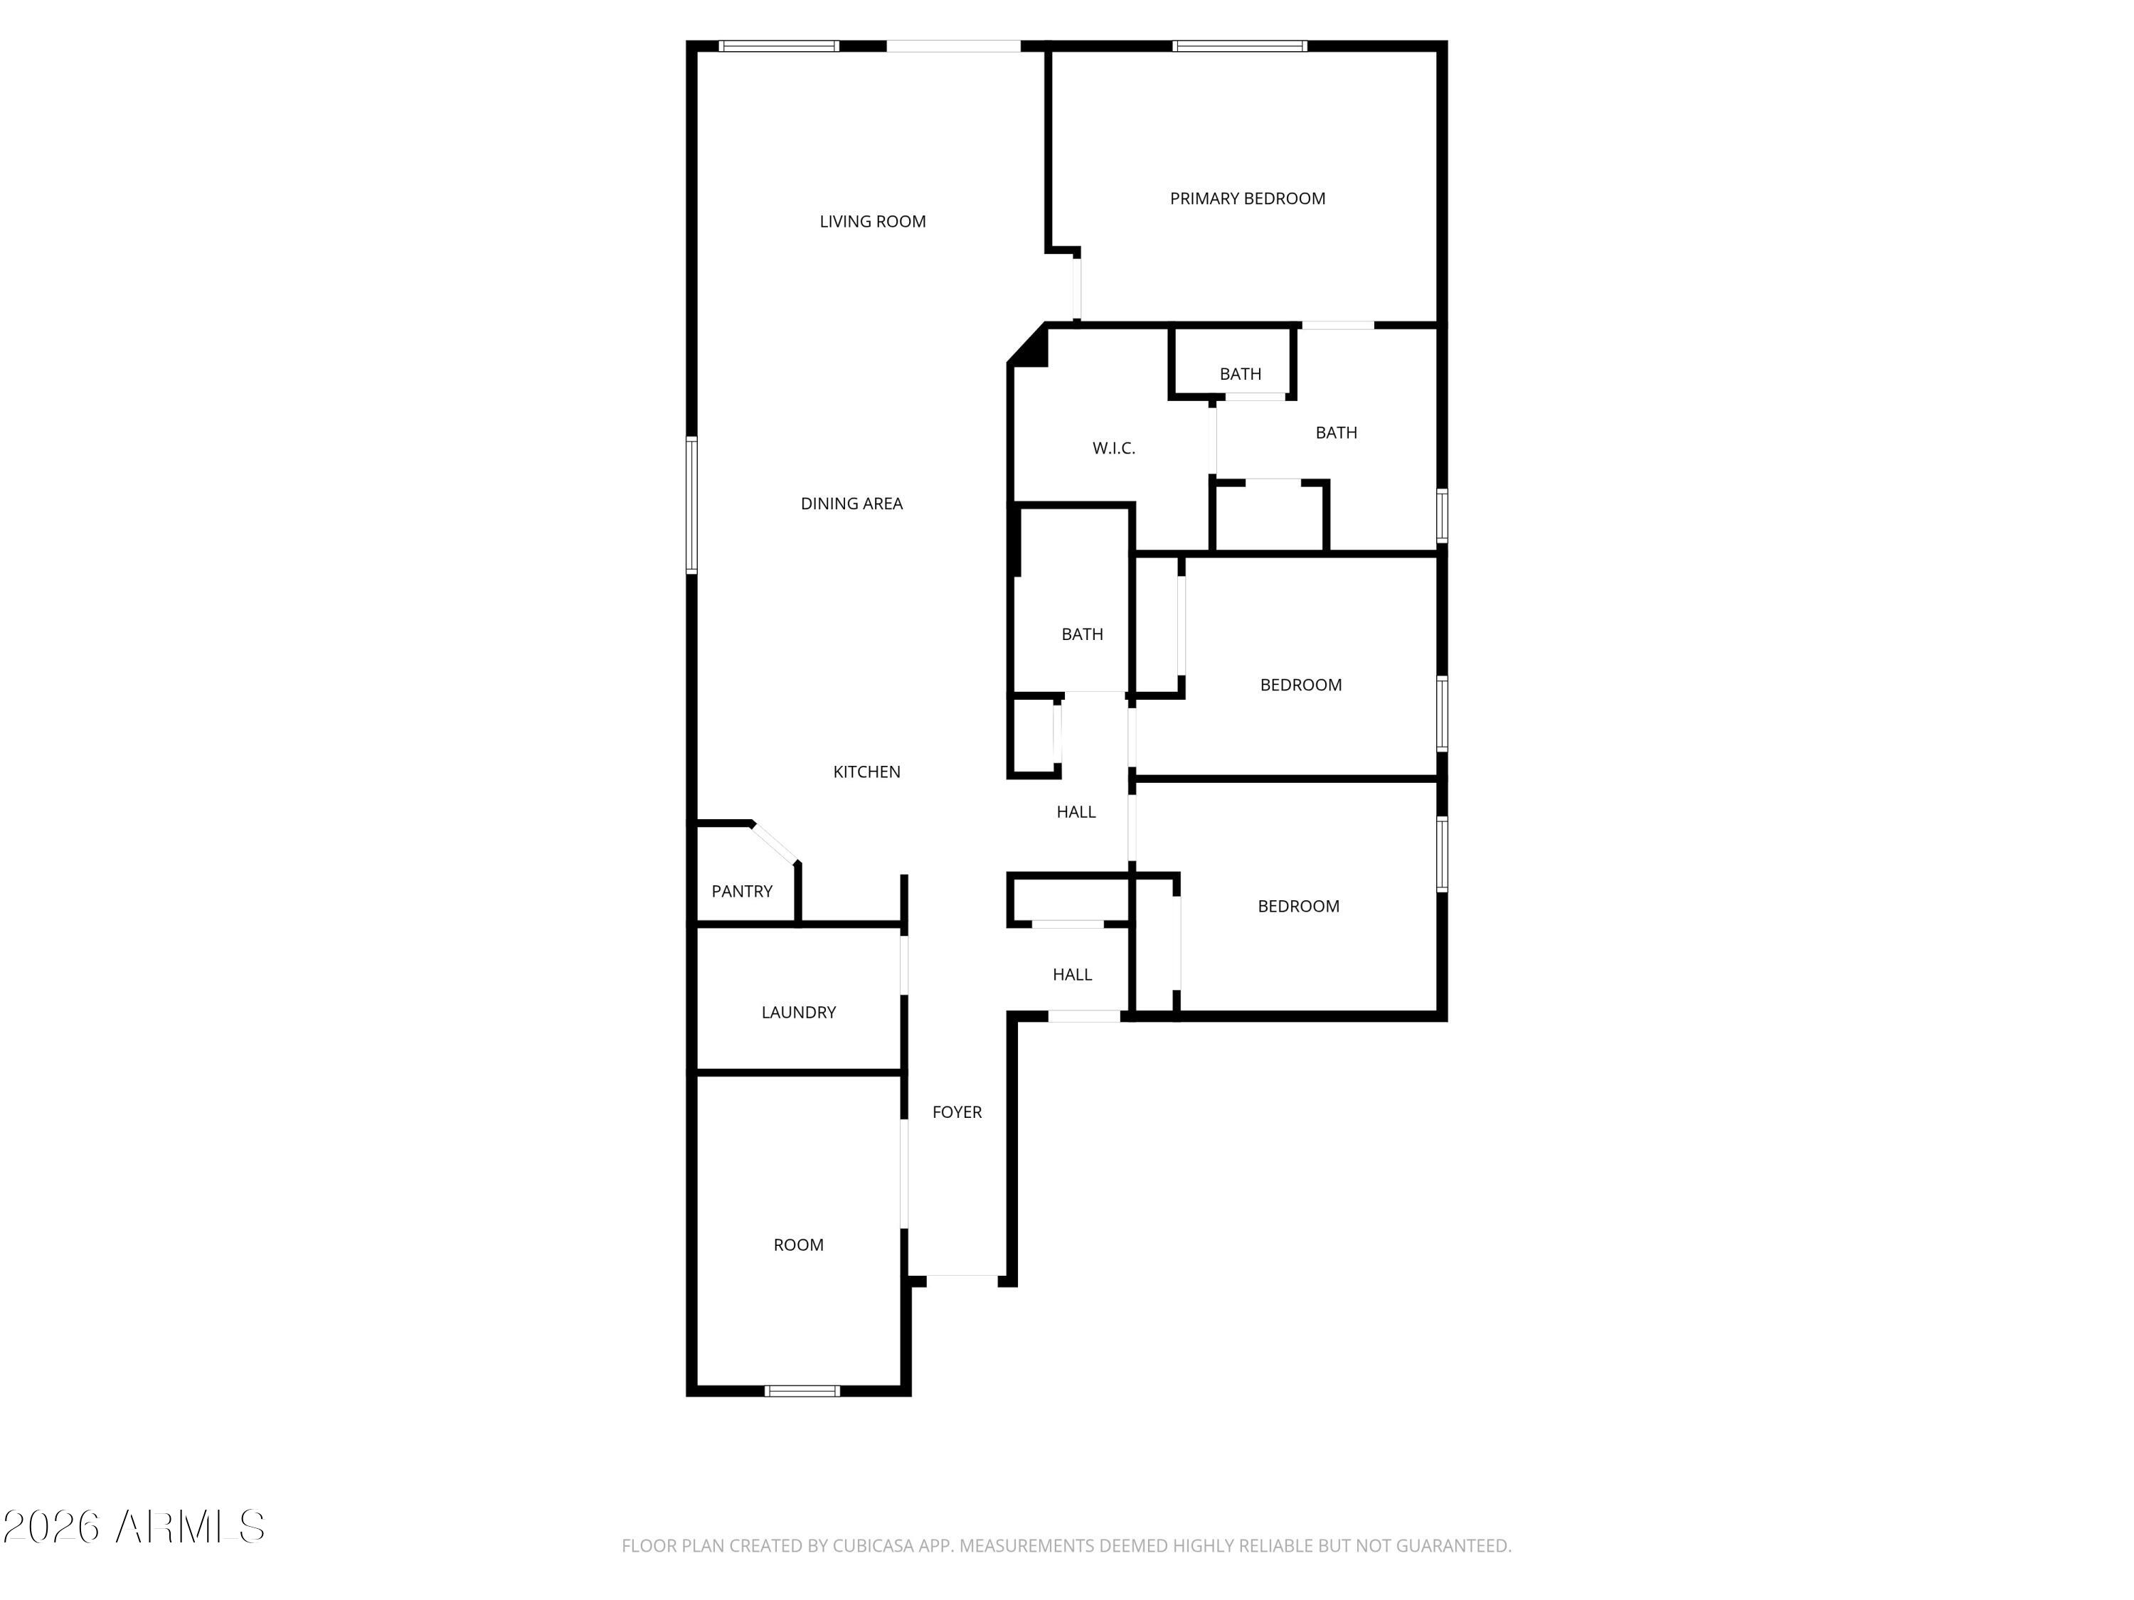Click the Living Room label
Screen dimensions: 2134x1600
click(872, 222)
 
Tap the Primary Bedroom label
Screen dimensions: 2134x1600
click(1248, 198)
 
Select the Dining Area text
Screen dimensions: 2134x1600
click(851, 503)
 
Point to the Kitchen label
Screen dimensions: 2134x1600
click(866, 772)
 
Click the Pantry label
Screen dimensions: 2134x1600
click(742, 891)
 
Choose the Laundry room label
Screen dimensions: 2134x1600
click(799, 1013)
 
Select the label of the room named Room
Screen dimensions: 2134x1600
click(799, 1245)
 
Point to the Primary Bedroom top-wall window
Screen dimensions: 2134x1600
click(1240, 46)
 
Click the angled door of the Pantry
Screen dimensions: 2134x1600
click(775, 841)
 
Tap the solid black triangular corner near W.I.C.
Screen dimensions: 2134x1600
click(1029, 346)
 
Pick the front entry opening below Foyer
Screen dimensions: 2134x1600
click(962, 1280)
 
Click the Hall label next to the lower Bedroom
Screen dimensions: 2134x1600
click(1072, 975)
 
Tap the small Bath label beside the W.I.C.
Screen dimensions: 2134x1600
click(1240, 374)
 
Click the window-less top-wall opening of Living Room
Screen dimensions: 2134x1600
click(953, 46)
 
